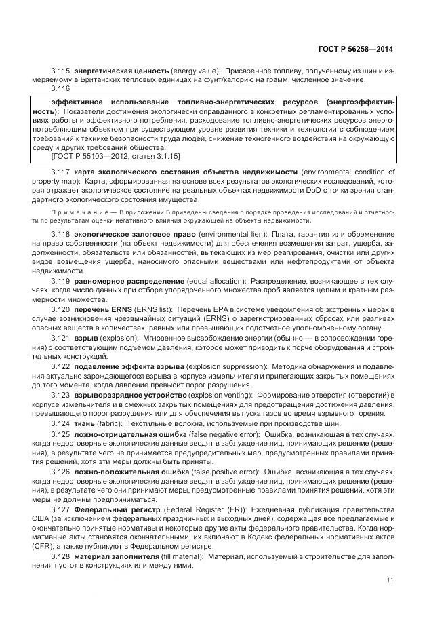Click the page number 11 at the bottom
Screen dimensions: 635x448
pos(390,579)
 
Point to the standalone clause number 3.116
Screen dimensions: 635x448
pos(61,89)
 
